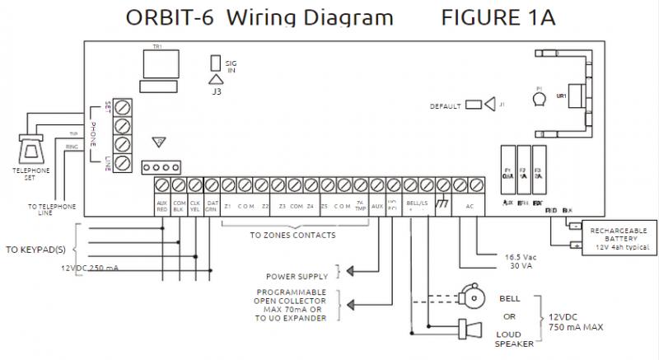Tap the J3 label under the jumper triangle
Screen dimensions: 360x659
point(216,92)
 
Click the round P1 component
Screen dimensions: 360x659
point(539,100)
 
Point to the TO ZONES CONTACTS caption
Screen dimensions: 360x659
point(292,236)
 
